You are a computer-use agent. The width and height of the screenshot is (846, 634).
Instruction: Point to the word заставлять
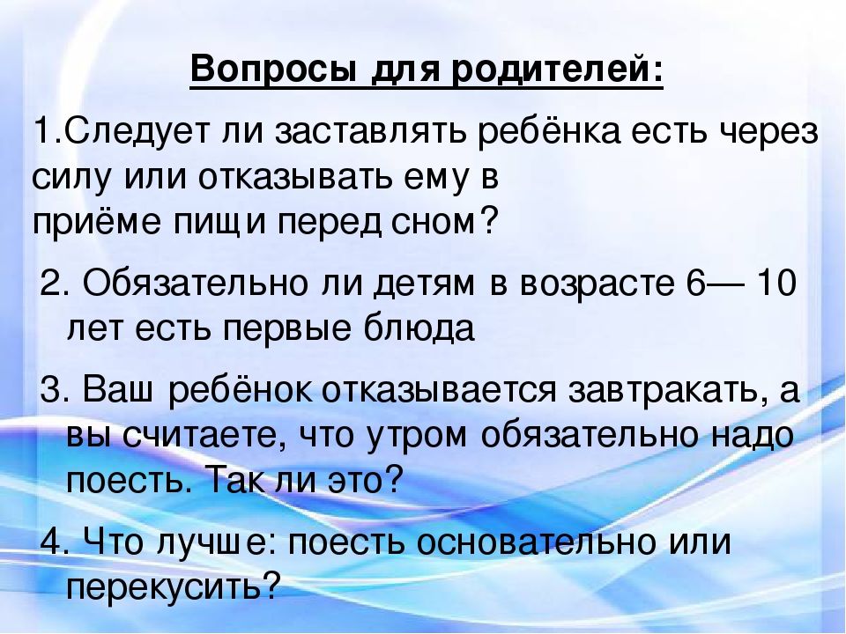click(370, 132)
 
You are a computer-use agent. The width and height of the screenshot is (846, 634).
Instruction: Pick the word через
click(768, 132)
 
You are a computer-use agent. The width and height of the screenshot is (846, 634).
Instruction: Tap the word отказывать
click(294, 177)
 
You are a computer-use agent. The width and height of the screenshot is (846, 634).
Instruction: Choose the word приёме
click(97, 222)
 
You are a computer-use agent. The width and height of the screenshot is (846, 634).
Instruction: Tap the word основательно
click(537, 542)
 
